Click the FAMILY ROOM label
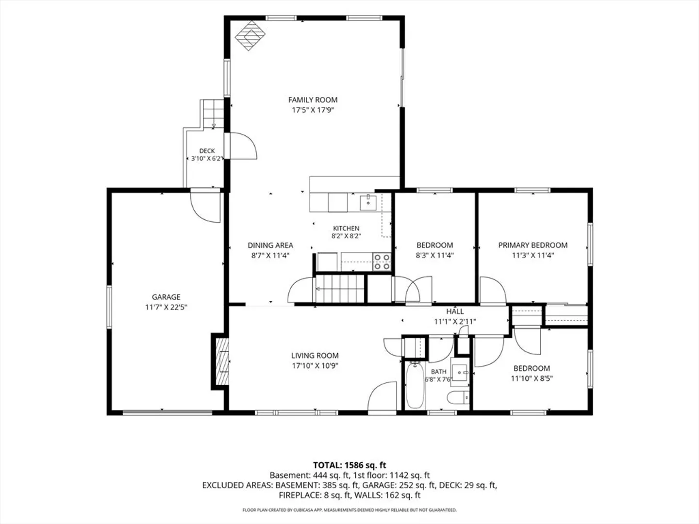point(313,100)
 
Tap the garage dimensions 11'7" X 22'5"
point(166,307)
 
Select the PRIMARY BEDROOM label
point(533,246)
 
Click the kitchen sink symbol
point(368,203)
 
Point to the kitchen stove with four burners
point(382,262)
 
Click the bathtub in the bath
point(415,386)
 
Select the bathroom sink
point(460,372)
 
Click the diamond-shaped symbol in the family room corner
point(250,35)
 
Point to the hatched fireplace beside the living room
point(222,361)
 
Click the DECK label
point(207,151)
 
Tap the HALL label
point(455,311)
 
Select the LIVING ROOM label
point(315,356)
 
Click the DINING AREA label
point(270,246)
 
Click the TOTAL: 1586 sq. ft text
point(349,465)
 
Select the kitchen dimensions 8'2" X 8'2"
point(346,236)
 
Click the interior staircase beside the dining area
point(340,289)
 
